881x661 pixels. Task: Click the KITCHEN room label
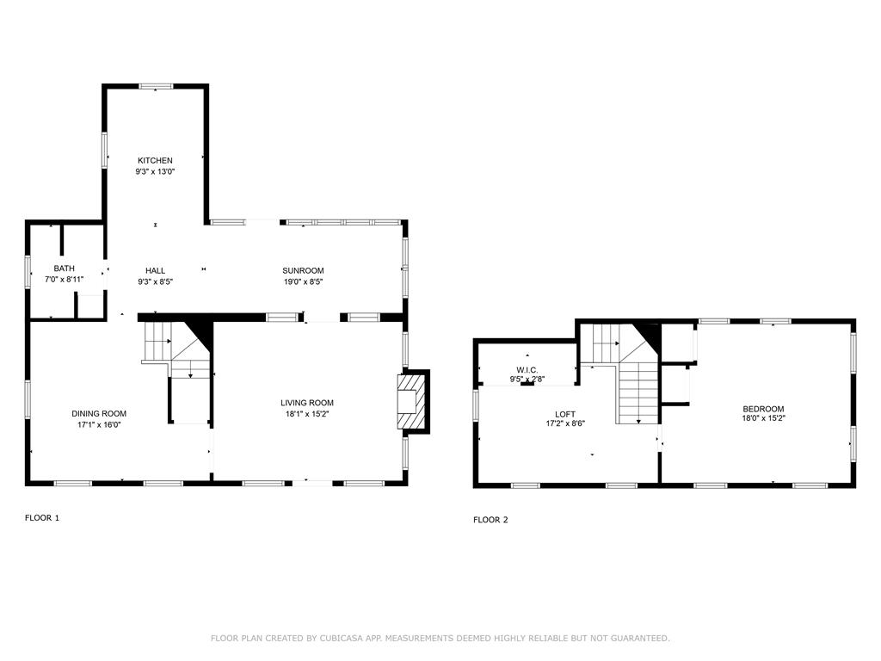coord(155,161)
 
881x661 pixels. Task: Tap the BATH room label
coord(64,269)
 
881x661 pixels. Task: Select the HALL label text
coord(155,271)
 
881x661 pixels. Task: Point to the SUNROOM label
coord(303,271)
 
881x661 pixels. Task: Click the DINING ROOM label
coord(99,414)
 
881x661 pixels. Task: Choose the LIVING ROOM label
coord(307,403)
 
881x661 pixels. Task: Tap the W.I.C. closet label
coord(527,370)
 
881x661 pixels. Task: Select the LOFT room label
coord(564,415)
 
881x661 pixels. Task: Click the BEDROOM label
coord(763,409)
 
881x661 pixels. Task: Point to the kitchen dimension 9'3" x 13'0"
coord(155,172)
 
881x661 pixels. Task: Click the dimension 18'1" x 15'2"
coord(307,414)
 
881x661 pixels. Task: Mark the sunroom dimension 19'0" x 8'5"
coord(303,282)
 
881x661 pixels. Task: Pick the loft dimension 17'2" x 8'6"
coord(564,423)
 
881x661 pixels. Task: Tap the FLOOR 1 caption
coord(41,518)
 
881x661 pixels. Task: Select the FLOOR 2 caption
coord(490,520)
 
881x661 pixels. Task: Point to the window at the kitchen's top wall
coord(156,87)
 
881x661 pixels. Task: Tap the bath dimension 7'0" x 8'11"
coord(64,280)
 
